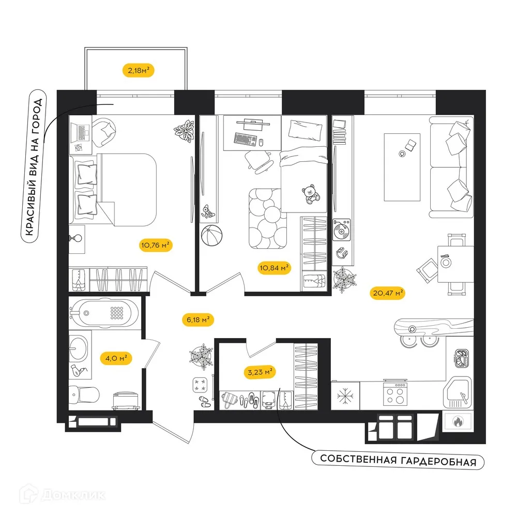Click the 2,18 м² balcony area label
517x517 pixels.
(139, 69)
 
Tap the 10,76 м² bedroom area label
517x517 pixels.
(155, 245)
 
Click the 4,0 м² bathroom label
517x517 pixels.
(114, 358)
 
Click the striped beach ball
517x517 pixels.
(211, 237)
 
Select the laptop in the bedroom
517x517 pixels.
(81, 130)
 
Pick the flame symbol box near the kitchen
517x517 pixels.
(457, 421)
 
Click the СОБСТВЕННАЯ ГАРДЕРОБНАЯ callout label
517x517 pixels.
(398, 460)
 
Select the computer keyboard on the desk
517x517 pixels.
(246, 139)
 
